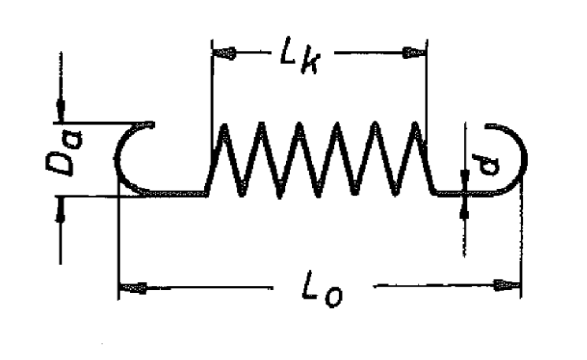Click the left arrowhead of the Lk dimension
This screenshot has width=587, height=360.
coord(223,53)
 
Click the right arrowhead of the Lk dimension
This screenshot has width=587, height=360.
coord(414,53)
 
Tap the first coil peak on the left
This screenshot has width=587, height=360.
coord(224,128)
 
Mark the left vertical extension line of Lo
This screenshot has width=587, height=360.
coord(118,244)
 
